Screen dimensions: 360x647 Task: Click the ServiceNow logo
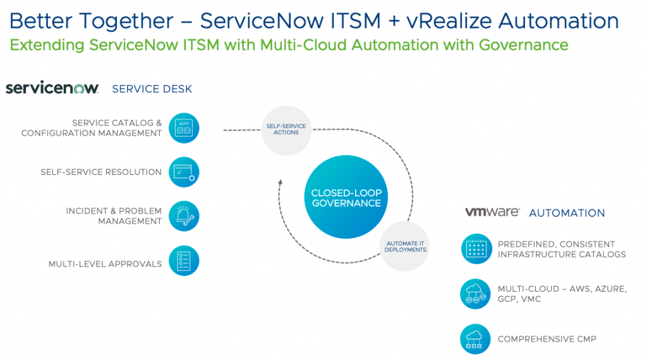52,88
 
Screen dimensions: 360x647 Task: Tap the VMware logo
492,212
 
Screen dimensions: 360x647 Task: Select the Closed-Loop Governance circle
346,198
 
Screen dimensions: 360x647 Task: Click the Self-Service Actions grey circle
286,129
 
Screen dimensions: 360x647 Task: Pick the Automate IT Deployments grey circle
405,246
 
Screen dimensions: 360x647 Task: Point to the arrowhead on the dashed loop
280,183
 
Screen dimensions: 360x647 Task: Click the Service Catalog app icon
184,128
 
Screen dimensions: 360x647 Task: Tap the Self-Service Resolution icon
184,172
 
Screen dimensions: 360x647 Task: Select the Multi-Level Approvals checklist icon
184,261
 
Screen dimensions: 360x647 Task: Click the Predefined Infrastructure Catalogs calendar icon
476,249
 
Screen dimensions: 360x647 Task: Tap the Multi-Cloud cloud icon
476,294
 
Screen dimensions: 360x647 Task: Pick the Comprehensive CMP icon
476,339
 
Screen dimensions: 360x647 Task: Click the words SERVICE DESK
152,89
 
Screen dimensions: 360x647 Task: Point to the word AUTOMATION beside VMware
567,213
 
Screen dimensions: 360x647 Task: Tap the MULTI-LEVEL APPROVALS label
105,264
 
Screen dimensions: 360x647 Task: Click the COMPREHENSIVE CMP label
547,339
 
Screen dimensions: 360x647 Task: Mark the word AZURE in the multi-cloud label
607,289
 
